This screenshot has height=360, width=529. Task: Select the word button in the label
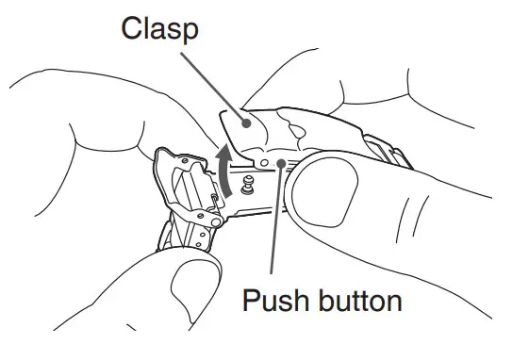pyautogui.click(x=357, y=302)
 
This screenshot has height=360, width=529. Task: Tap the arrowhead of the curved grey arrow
pyautogui.click(x=223, y=150)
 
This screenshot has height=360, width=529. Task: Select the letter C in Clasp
pyautogui.click(x=133, y=30)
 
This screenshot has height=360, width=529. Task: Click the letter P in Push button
pyautogui.click(x=252, y=302)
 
